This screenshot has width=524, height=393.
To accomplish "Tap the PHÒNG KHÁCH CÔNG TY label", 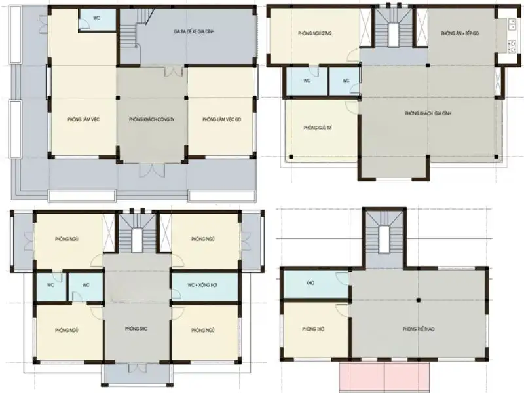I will coord(151,120).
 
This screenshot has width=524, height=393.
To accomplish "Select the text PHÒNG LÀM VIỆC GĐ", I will coord(222,119).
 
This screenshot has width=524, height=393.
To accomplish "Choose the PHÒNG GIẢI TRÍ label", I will coord(316,128).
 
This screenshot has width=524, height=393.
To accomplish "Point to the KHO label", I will coord(310,284).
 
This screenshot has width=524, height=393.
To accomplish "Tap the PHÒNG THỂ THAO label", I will coord(418,329).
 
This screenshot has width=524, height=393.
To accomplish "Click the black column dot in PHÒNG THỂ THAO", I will coord(418,300).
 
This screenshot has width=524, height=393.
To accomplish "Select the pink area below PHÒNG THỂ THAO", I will coord(384,376).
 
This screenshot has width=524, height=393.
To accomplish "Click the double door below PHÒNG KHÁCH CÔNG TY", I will coord(151,170).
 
